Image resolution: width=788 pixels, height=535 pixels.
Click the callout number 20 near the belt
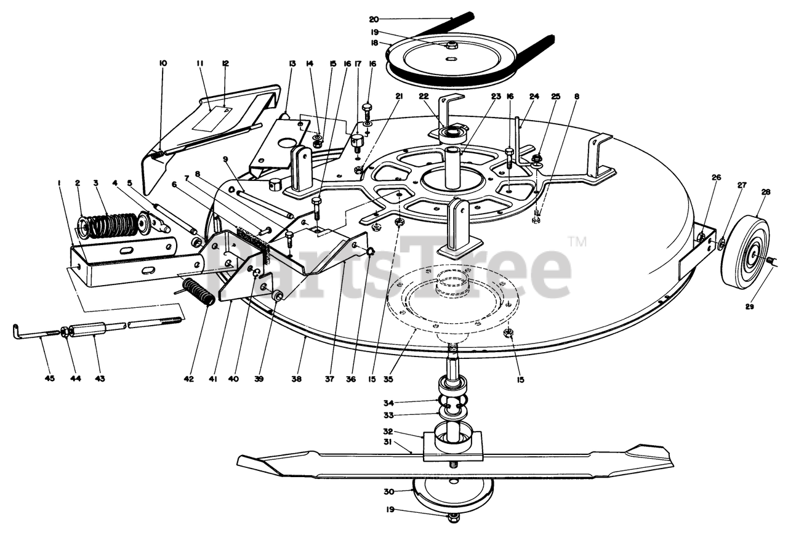tap(374, 19)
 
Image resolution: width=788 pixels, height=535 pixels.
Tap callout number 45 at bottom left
tap(50, 378)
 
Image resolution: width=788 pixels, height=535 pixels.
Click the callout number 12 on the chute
tap(225, 63)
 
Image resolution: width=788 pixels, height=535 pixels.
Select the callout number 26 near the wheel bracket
tap(715, 177)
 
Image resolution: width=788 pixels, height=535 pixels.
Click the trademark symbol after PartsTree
tap(577, 241)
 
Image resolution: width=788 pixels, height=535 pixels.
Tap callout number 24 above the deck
tap(534, 96)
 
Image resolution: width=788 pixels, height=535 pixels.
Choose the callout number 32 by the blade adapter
tap(405, 432)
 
